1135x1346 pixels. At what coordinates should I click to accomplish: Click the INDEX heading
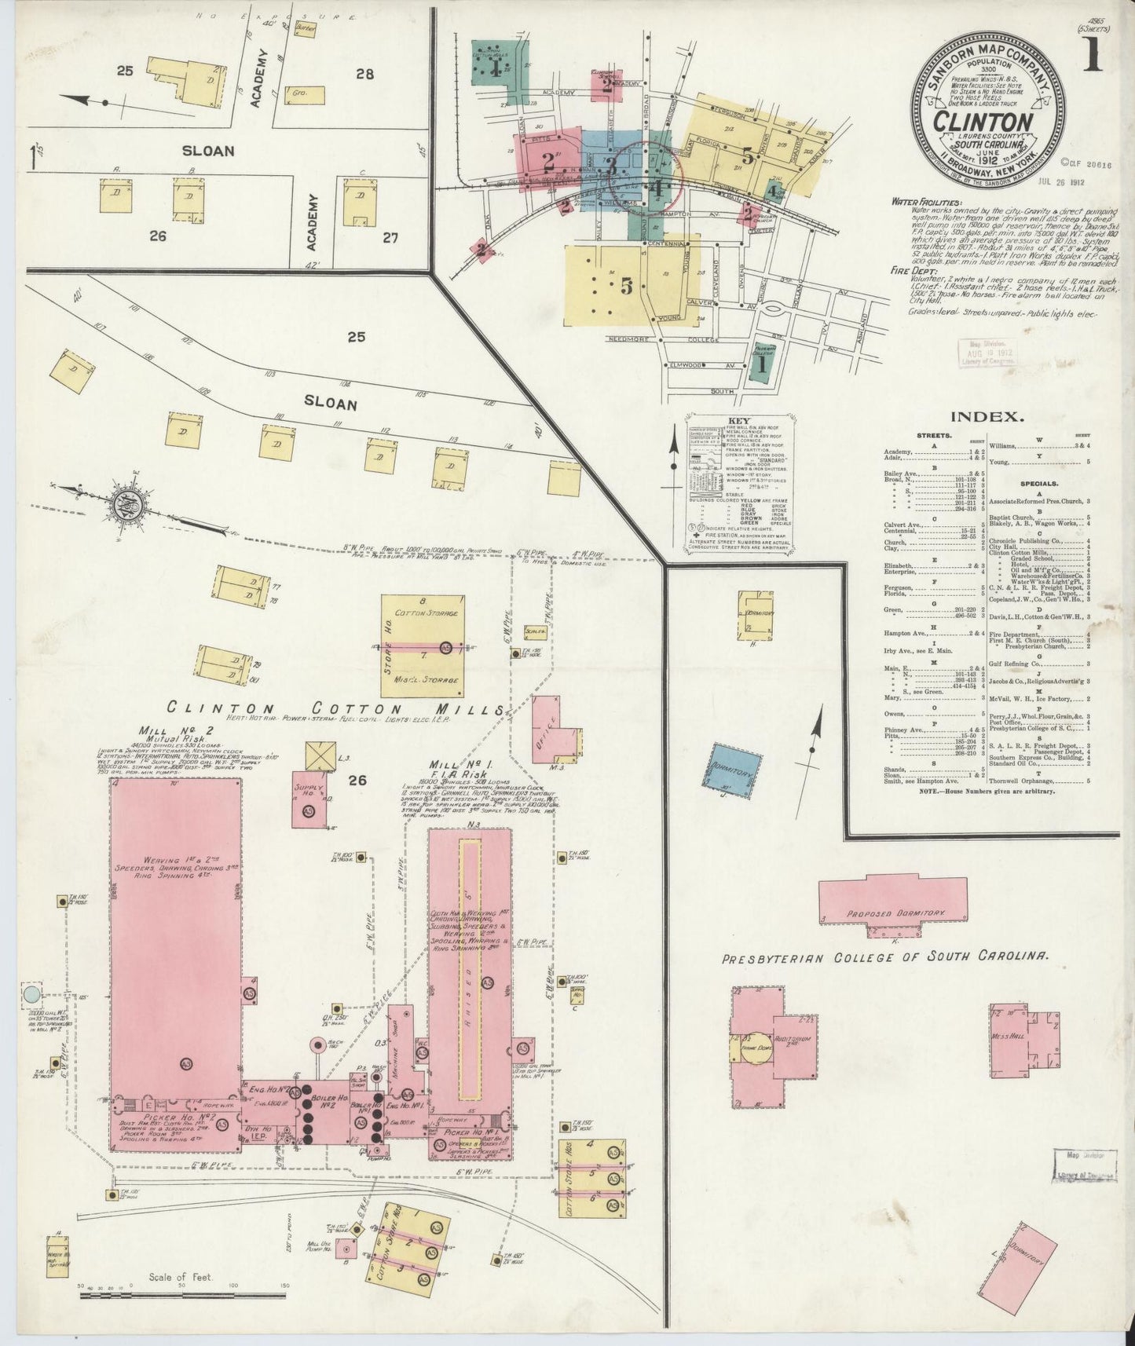tap(987, 417)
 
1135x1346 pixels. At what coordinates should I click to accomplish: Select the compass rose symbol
tap(126, 506)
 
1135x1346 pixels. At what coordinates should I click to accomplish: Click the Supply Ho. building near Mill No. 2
tap(307, 802)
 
